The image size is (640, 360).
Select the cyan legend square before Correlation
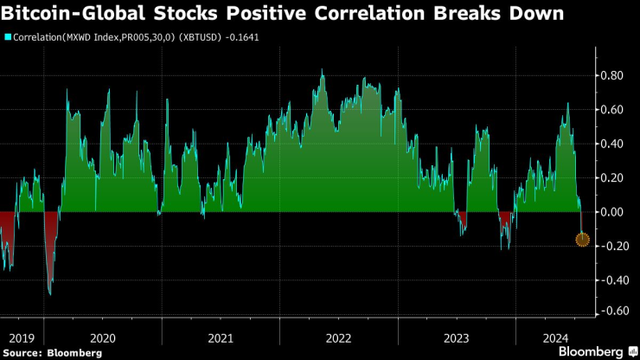click(8, 37)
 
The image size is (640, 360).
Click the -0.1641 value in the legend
click(242, 37)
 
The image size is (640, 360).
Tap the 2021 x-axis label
click(220, 338)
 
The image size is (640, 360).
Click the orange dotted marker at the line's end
click(583, 239)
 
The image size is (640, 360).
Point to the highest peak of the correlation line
click(323, 71)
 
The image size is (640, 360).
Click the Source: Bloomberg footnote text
click(53, 353)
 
